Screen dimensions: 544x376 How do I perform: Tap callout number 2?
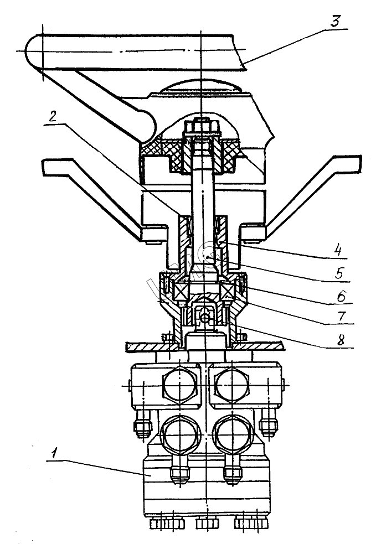point(53,116)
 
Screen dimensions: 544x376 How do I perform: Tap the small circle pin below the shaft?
point(205,318)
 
